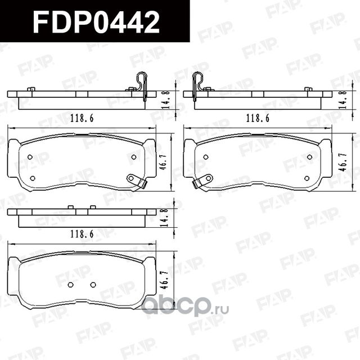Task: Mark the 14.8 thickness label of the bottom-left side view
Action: point(165,217)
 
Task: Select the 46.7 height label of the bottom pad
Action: point(165,278)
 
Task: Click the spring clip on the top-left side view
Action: point(142,86)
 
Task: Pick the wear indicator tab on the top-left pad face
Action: point(137,181)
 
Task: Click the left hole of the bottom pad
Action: point(70,285)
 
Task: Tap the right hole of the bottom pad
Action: point(93,285)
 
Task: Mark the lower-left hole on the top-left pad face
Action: point(31,178)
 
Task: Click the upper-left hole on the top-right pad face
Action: point(206,157)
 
